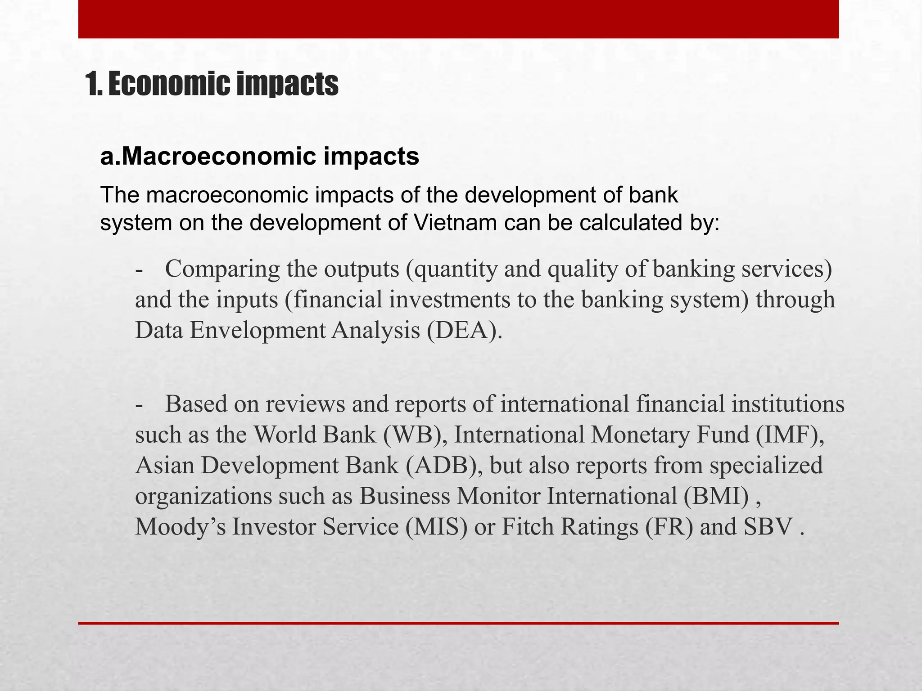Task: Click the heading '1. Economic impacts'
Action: (212, 84)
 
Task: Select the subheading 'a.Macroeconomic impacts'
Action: (259, 157)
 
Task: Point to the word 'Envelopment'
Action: (260, 331)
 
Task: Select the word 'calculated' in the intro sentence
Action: (628, 223)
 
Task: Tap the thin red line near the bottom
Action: (458, 623)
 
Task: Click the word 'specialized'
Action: (766, 466)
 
